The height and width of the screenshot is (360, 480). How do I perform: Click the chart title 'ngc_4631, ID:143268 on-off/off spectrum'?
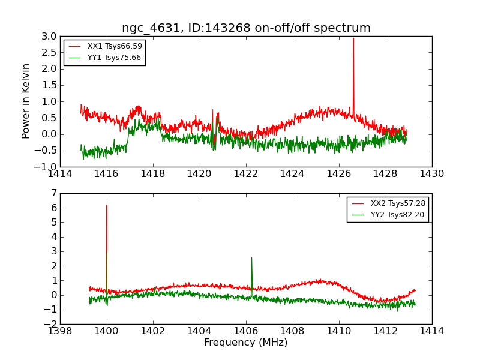pyautogui.click(x=246, y=28)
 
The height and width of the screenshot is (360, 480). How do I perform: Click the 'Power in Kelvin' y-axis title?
pyautogui.click(x=26, y=101)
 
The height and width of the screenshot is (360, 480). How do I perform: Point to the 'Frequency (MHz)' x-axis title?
pyautogui.click(x=246, y=343)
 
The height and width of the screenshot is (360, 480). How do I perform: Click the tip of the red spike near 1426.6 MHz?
pyautogui.click(x=353, y=38)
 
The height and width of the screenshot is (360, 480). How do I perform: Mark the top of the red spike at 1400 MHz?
pyautogui.click(x=107, y=206)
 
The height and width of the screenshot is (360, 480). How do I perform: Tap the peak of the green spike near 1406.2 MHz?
pyautogui.click(x=251, y=258)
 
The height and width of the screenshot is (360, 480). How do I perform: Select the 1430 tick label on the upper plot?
pyautogui.click(x=431, y=174)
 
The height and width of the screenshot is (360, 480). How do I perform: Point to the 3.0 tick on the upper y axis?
pyautogui.click(x=49, y=36)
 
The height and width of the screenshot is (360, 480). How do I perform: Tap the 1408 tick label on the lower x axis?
pyautogui.click(x=292, y=331)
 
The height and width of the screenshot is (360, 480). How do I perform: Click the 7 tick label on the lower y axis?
pyautogui.click(x=53, y=193)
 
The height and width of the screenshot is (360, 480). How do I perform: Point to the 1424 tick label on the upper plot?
pyautogui.click(x=292, y=174)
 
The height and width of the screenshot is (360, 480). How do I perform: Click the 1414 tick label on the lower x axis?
pyautogui.click(x=431, y=331)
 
